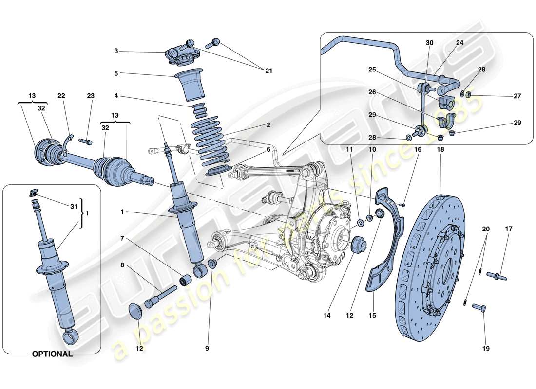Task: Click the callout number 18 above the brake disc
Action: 440,150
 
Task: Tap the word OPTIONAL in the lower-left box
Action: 52,354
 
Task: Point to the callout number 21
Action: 268,71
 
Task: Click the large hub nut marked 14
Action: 358,243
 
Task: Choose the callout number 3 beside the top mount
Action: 116,51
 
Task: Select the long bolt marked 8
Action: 160,296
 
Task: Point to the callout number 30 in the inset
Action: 429,43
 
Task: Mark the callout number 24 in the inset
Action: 459,43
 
